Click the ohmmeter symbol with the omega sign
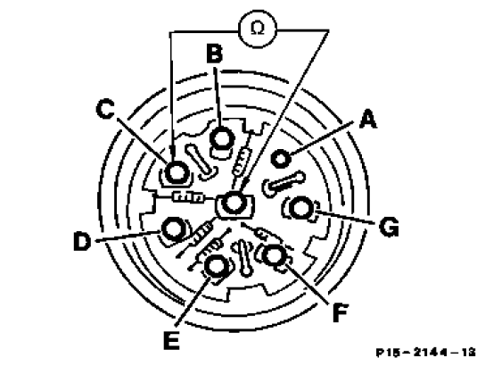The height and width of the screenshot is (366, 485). tap(258, 29)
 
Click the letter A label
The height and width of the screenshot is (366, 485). tap(368, 120)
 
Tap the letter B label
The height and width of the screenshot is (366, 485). tap(214, 53)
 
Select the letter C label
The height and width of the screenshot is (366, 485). tap(105, 109)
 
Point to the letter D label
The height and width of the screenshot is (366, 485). tap(83, 241)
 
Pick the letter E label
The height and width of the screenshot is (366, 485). tap(172, 340)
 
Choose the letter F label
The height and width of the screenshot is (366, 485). tap(341, 312)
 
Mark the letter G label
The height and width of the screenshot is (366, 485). tap(389, 227)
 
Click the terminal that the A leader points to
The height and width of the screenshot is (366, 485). tap(281, 159)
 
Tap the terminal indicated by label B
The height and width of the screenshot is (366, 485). tap(221, 138)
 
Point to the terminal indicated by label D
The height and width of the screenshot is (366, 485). tap(173, 229)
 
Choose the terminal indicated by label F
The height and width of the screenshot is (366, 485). tap(274, 256)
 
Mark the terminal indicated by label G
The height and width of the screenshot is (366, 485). tap(300, 208)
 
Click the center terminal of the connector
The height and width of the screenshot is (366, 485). tap(234, 204)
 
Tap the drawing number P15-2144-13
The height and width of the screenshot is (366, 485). tap(425, 353)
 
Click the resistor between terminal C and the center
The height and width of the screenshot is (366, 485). tap(188, 197)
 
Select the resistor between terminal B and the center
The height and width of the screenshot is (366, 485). tap(242, 162)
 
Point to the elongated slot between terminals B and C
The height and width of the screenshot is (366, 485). tap(200, 162)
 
